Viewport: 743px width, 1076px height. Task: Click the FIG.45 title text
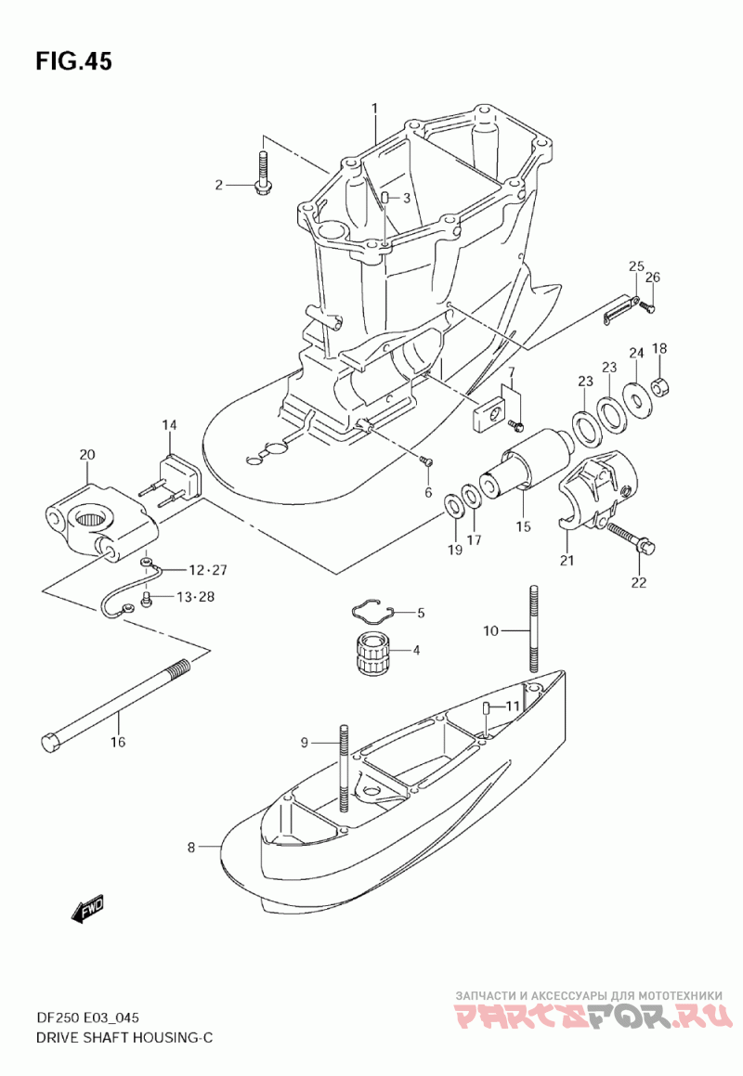coord(73,61)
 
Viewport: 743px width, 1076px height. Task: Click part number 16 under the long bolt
coord(118,742)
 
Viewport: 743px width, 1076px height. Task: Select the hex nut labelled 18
coord(659,388)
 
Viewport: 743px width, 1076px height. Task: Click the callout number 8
coord(191,848)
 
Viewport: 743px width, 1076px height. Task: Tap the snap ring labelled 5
coord(373,611)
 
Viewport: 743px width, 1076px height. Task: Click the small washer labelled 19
coord(453,506)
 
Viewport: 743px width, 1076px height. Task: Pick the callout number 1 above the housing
coord(375,109)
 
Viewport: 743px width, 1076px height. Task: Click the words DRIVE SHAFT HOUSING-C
coord(124,1037)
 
